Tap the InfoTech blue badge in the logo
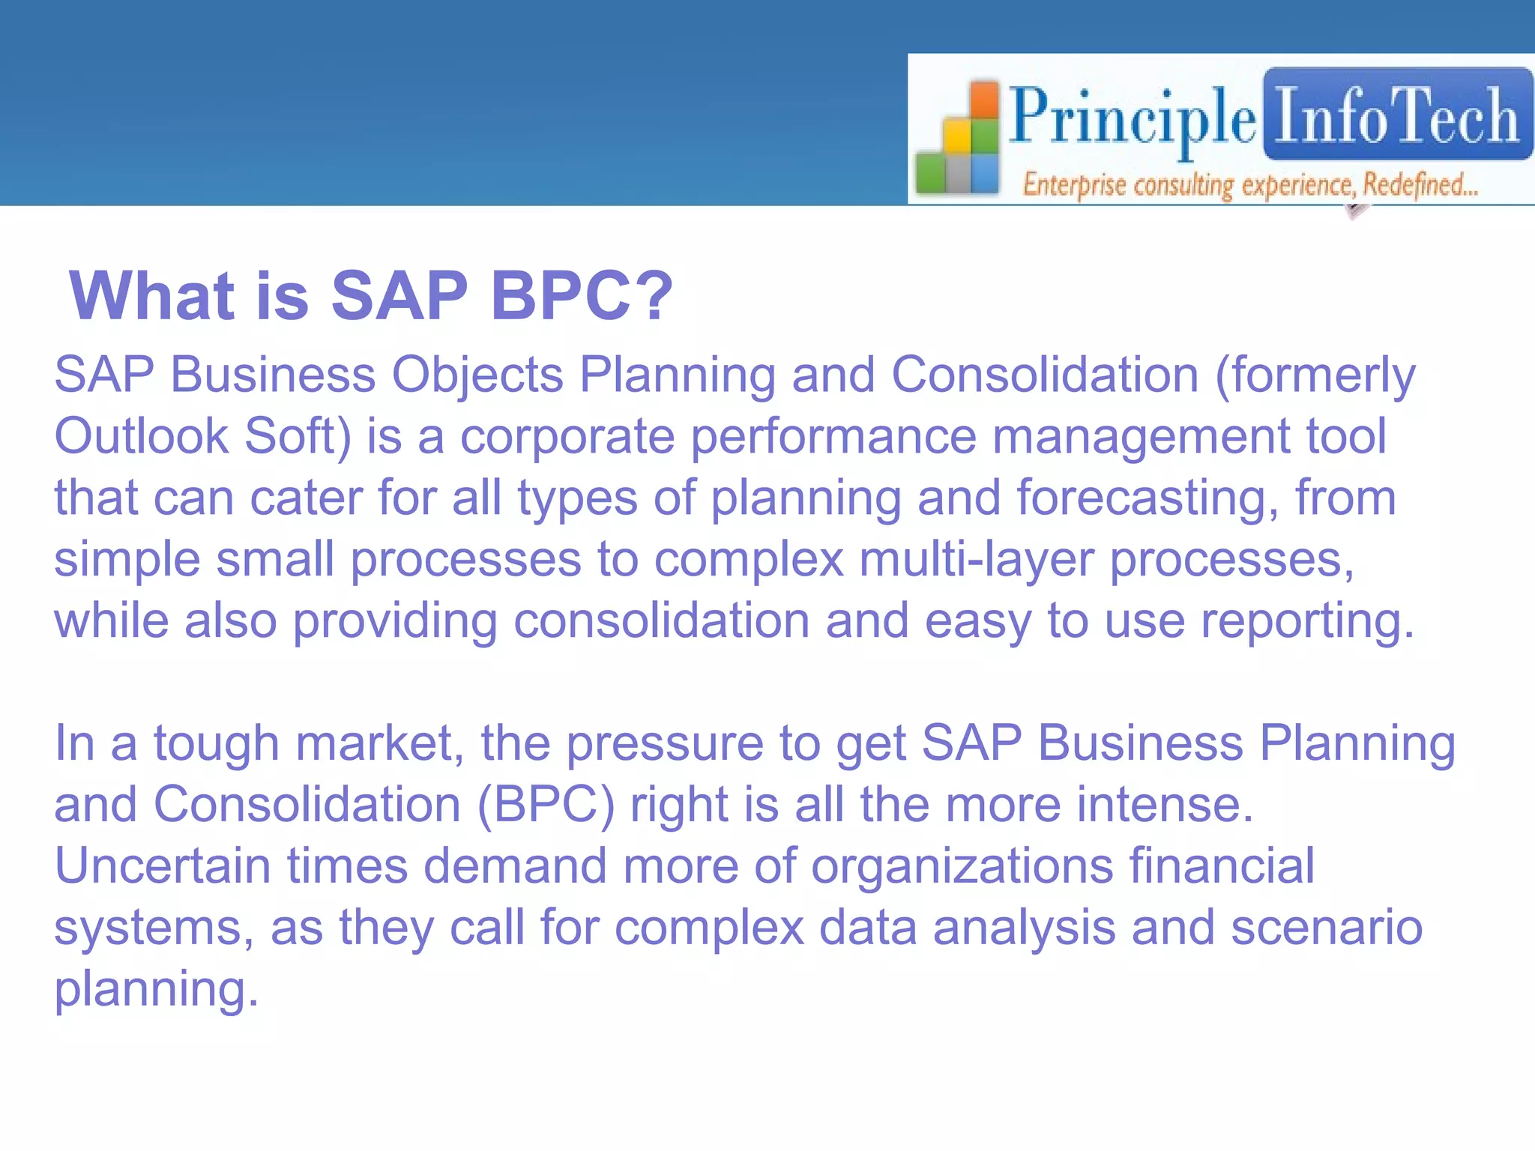(x=1397, y=114)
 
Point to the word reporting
(x=1307, y=622)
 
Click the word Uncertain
(x=162, y=867)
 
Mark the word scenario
(x=1326, y=928)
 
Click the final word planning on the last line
(x=156, y=990)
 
